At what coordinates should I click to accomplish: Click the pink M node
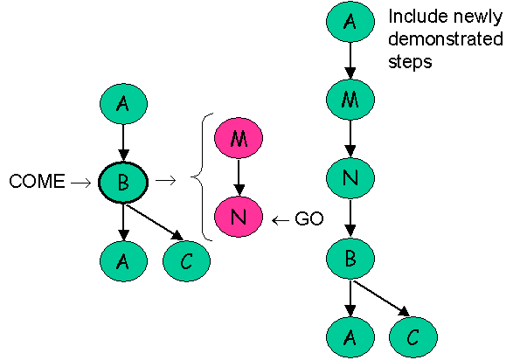[x=239, y=139]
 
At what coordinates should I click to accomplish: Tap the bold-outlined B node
[x=123, y=182]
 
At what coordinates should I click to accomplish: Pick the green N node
[x=350, y=179]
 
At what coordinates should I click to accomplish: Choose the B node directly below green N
[x=350, y=260]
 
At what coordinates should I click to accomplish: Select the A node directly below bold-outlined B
[x=123, y=260]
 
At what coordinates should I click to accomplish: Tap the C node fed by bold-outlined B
[x=187, y=260]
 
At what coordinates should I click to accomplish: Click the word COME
[x=37, y=183]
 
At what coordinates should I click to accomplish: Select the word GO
[x=309, y=220]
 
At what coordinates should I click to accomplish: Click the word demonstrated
[x=444, y=39]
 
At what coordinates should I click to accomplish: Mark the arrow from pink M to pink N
[x=239, y=179]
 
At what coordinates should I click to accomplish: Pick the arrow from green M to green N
[x=350, y=139]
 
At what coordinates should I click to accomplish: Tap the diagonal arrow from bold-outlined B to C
[x=156, y=222]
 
